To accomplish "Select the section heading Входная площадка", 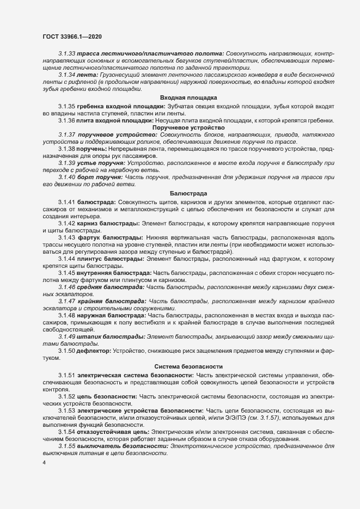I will (180, 97).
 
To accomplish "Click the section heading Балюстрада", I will (180, 193).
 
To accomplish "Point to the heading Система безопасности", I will (180, 367).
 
